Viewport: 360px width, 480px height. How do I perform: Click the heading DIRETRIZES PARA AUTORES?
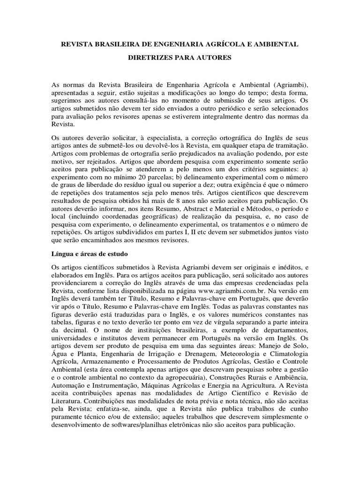click(180, 58)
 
